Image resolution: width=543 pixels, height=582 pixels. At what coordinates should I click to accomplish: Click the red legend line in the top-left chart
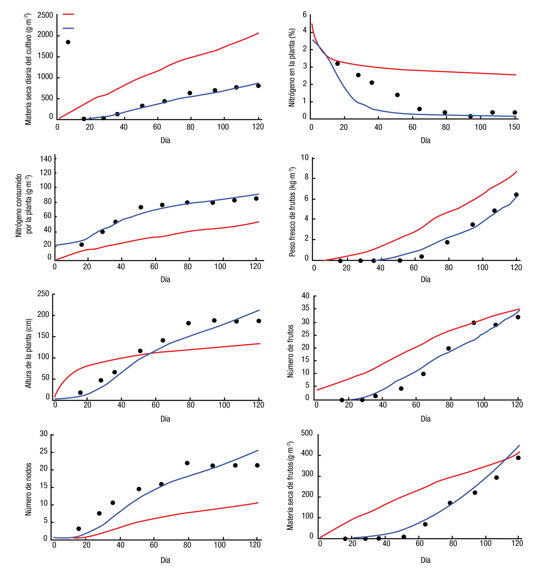pos(68,14)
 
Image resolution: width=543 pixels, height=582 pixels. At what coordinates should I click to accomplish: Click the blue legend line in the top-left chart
pos(68,28)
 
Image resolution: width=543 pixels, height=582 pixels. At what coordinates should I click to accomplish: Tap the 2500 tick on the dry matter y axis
pos(45,15)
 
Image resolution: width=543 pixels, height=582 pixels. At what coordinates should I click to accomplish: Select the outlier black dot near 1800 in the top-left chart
pos(68,42)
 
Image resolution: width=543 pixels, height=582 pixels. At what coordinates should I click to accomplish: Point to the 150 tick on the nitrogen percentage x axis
pos(514,127)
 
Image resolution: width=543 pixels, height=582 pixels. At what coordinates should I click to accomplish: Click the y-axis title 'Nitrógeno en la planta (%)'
pos(292,68)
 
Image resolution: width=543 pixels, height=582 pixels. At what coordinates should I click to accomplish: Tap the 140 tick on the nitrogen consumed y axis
pos(46,159)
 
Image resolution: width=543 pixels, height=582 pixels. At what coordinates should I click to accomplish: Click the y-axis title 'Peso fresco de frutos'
pos(292,212)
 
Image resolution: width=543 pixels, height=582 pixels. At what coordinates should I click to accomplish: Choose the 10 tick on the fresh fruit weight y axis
pos(305,158)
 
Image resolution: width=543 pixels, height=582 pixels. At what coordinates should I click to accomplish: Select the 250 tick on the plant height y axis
pos(43,294)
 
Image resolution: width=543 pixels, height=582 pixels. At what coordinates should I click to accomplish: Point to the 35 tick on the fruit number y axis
pos(305,308)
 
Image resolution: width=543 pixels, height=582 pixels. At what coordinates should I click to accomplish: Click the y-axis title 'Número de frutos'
pos(290,351)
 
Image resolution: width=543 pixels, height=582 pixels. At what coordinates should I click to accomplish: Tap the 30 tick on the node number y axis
pos(44,434)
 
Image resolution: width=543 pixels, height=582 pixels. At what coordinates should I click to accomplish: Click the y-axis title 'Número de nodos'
pos(28,489)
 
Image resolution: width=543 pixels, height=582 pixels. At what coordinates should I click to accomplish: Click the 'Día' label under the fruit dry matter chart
pos(425,560)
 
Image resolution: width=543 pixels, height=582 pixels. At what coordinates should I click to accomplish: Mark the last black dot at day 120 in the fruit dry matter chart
pos(518,458)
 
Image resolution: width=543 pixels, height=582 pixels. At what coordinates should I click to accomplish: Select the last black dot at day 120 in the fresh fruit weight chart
pos(516,195)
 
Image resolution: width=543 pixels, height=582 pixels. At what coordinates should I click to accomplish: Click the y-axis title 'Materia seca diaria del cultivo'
pos(28,69)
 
